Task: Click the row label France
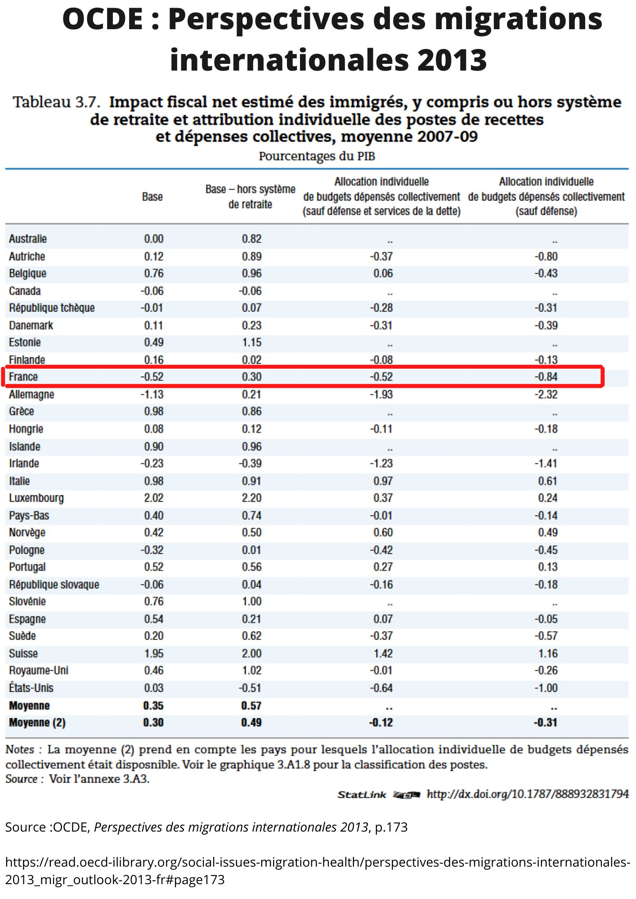pyautogui.click(x=23, y=377)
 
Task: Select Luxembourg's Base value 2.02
pyautogui.click(x=153, y=498)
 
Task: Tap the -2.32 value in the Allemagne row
pyautogui.click(x=546, y=394)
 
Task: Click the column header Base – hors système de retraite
pyautogui.click(x=250, y=196)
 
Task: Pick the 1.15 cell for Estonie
pyautogui.click(x=251, y=343)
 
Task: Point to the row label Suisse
pyautogui.click(x=23, y=653)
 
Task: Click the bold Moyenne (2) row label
pyautogui.click(x=37, y=722)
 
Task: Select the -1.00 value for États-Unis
pyautogui.click(x=546, y=688)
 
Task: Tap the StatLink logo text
pyautogui.click(x=362, y=795)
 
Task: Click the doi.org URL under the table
pyautogui.click(x=527, y=794)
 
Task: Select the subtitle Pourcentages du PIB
pyautogui.click(x=317, y=156)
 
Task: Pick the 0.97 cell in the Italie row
pyautogui.click(x=383, y=481)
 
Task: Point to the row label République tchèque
pyautogui.click(x=52, y=308)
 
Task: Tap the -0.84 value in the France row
pyautogui.click(x=546, y=377)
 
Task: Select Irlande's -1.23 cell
pyautogui.click(x=381, y=463)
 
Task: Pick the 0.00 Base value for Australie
pyautogui.click(x=153, y=239)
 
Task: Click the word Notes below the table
pyautogui.click(x=20, y=749)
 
